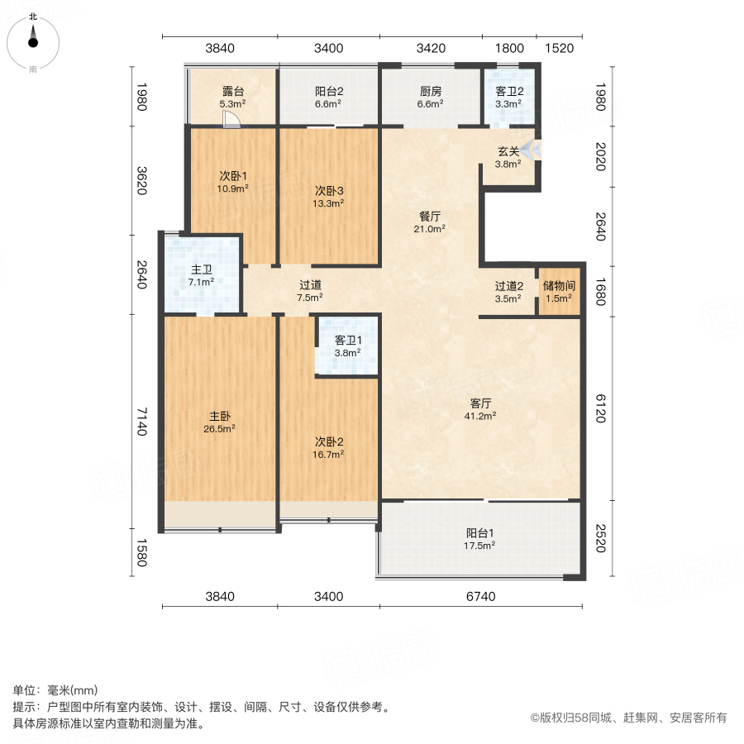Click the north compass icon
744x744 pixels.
pyautogui.click(x=33, y=38)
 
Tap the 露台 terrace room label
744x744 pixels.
pyautogui.click(x=233, y=92)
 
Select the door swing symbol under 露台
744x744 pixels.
pyautogui.click(x=232, y=121)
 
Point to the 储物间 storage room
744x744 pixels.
pyautogui.click(x=559, y=291)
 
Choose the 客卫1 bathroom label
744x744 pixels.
pyautogui.click(x=348, y=340)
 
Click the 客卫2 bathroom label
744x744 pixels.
pyautogui.click(x=508, y=92)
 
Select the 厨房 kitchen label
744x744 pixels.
pyautogui.click(x=431, y=92)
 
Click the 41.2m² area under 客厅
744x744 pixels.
pyautogui.click(x=481, y=417)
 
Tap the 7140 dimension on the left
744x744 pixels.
pyautogui.click(x=141, y=422)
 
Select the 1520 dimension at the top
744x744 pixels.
pyautogui.click(x=560, y=49)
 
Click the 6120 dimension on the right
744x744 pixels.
pyautogui.click(x=601, y=408)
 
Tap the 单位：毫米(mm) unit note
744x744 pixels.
pyautogui.click(x=55, y=690)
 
